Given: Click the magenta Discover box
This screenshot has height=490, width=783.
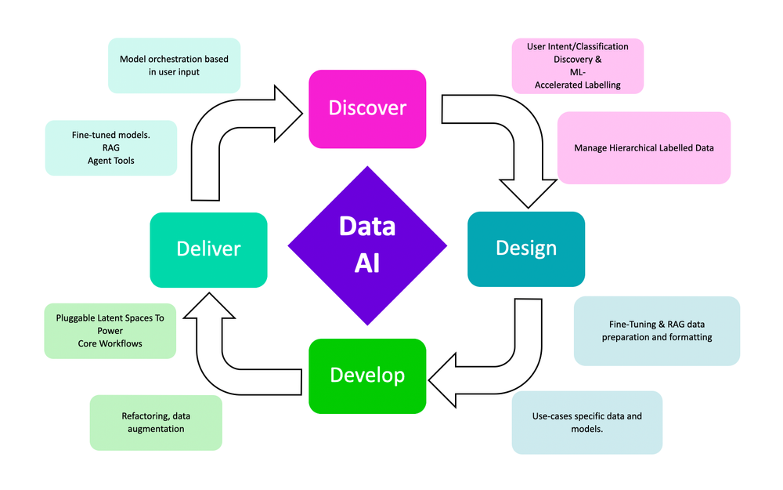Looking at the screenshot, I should (x=367, y=108).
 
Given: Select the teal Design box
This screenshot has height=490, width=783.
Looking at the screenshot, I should (x=526, y=249).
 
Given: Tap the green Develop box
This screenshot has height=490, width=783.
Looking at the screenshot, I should (x=367, y=376).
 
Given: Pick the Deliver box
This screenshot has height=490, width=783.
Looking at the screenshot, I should (x=208, y=249).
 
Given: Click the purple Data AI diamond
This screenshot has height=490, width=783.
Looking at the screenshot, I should (x=367, y=245).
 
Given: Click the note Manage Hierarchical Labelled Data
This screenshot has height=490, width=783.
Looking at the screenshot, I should (x=644, y=147).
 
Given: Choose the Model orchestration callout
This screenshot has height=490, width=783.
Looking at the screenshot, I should (x=174, y=65).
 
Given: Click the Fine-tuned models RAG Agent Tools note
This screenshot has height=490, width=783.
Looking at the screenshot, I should (x=110, y=147).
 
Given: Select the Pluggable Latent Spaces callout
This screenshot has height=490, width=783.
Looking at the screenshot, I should (x=110, y=331).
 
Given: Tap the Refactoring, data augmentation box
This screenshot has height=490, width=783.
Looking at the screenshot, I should (x=156, y=423).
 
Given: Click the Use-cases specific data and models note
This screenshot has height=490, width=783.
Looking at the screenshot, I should (x=587, y=423).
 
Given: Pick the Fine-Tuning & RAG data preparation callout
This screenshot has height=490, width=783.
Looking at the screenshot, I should (x=656, y=331).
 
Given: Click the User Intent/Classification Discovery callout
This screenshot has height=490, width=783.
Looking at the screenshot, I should (x=578, y=66).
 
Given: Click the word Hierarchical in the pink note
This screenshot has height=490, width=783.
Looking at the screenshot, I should (x=638, y=147).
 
